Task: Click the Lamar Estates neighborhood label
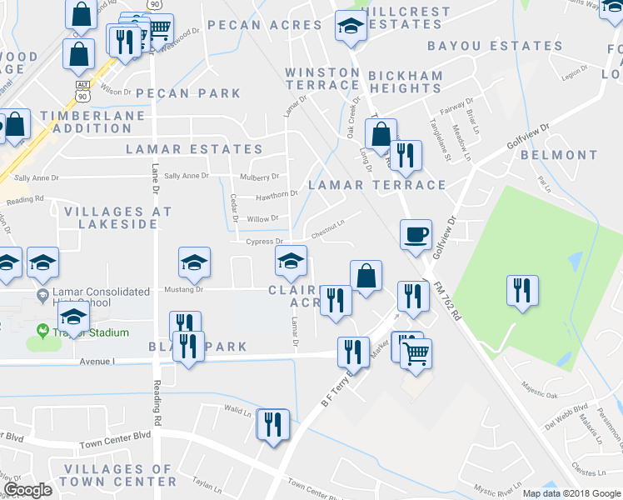194,149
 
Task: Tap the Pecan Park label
188,93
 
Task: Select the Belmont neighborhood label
559,155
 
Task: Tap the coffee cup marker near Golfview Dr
415,234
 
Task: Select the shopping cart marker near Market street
416,352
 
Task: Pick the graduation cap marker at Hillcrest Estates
350,27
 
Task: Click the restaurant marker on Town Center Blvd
273,425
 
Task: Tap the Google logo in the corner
27,489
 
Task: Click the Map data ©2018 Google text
571,493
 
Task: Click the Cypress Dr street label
265,242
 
